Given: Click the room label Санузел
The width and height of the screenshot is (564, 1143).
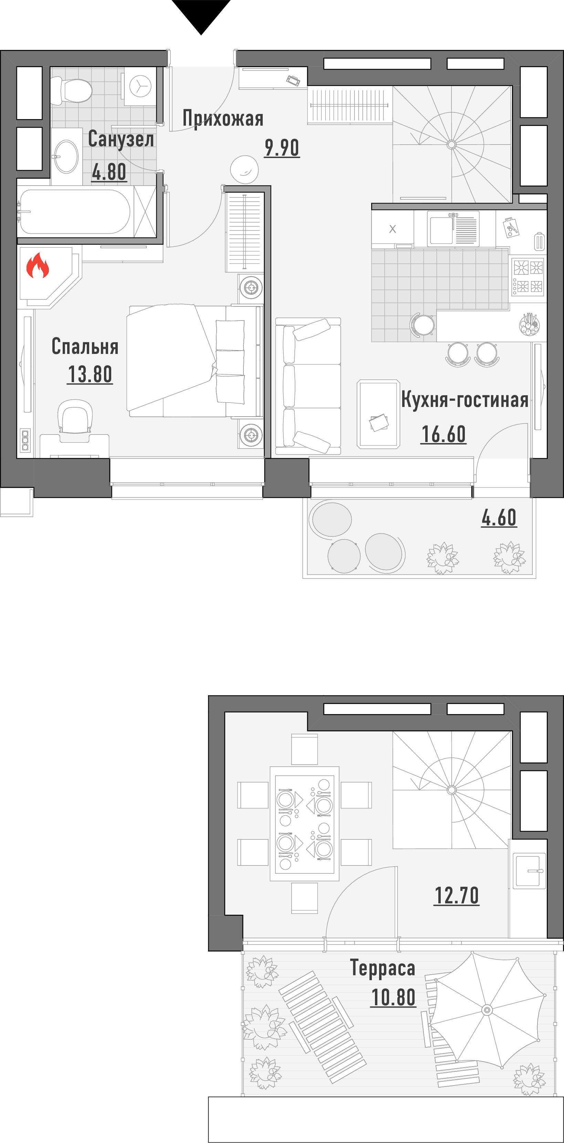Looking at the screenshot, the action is click(121, 139).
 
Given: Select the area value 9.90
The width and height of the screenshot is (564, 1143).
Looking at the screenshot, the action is click(282, 148).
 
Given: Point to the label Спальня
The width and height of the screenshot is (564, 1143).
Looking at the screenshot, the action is click(85, 346).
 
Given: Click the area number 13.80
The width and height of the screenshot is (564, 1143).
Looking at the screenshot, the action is click(90, 374).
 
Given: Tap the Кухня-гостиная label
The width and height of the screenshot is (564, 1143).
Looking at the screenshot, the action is click(464, 399).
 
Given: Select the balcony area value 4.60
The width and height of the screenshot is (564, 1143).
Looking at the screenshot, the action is click(499, 517).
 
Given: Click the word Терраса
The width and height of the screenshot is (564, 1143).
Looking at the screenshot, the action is click(383, 968).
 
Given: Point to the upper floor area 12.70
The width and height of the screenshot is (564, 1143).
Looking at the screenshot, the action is click(457, 895).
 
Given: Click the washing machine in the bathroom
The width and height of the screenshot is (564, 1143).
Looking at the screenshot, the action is click(140, 86).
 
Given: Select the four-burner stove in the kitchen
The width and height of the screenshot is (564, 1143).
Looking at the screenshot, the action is click(528, 276).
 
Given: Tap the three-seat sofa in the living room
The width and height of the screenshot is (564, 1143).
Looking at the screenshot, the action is click(308, 386).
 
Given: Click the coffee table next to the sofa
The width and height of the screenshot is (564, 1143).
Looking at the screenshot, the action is click(378, 414).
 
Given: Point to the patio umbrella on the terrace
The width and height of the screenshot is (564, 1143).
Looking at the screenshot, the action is click(487, 1010).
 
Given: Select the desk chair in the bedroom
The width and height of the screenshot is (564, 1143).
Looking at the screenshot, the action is click(75, 416).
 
